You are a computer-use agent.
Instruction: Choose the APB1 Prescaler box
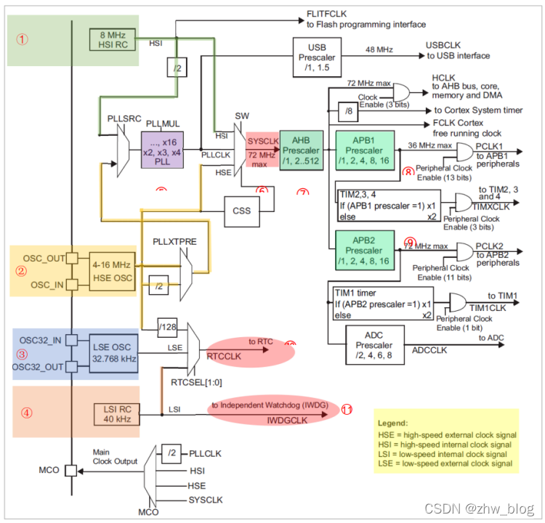[x=364, y=150]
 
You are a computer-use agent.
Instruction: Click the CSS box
[x=241, y=211]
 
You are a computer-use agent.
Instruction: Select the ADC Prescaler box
[x=374, y=344]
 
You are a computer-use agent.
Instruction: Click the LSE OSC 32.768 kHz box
[x=112, y=354]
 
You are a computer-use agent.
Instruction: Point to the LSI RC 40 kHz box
[x=112, y=414]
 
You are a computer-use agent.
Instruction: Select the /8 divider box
[x=349, y=111]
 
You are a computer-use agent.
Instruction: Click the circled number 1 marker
[x=23, y=40]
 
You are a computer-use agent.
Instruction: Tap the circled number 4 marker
[x=26, y=413]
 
